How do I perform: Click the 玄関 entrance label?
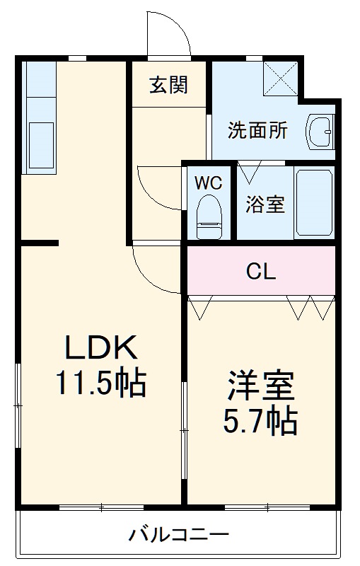pos(168,85)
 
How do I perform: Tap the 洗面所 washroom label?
pos(257,131)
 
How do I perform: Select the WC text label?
pos(208,183)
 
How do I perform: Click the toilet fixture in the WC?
pos(209,216)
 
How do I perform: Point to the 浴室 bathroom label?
pos(265,204)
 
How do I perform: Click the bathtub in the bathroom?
pos(314,202)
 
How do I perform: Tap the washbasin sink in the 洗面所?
pos(320,132)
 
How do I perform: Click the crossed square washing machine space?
pos(281,79)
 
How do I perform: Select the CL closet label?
pos(261,272)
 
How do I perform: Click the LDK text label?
pos(100,347)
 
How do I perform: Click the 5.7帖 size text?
pos(260,421)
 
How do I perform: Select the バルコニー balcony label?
pos(178,534)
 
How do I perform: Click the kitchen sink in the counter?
pos(41,145)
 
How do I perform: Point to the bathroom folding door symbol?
pos(249,172)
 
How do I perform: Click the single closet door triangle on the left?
pos(201,308)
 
